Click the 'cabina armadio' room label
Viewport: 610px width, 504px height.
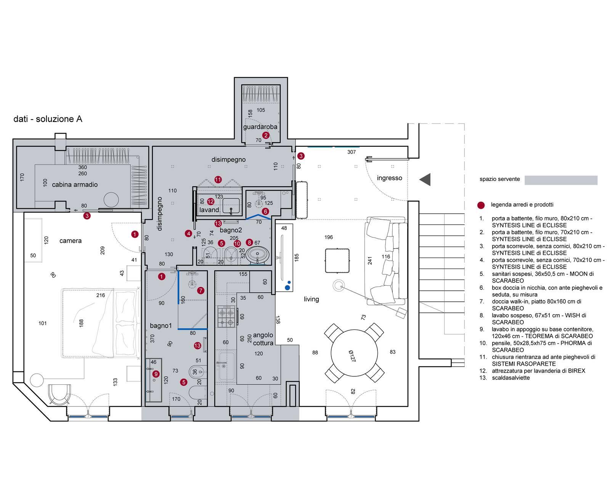click(x=75, y=185)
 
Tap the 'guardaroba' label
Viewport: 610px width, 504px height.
click(x=260, y=127)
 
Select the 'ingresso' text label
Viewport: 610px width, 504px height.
click(x=389, y=178)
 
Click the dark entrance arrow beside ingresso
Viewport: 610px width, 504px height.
click(x=425, y=179)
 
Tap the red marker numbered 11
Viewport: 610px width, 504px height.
click(x=218, y=179)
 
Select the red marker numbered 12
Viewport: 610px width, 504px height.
click(x=210, y=202)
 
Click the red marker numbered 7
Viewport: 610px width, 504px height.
click(x=201, y=291)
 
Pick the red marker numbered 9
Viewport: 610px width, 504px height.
click(x=156, y=374)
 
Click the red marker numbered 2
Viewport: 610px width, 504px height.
click(x=266, y=135)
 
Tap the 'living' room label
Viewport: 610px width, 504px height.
click(x=311, y=299)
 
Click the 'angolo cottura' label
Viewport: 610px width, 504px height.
click(x=263, y=339)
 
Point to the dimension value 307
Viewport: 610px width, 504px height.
click(x=351, y=152)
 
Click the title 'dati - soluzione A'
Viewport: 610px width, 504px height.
click(x=48, y=119)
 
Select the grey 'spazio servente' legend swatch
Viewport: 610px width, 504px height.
click(x=560, y=180)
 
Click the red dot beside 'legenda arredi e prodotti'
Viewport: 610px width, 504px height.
click(x=481, y=205)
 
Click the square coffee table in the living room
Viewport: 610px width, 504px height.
click(x=337, y=260)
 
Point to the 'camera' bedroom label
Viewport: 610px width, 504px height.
click(x=71, y=241)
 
